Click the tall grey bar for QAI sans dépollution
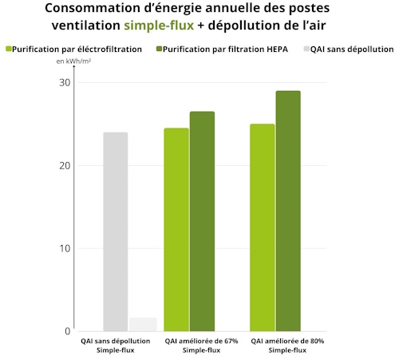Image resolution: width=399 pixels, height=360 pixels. pyautogui.click(x=115, y=231)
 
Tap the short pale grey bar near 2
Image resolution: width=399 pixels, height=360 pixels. pyautogui.click(x=143, y=324)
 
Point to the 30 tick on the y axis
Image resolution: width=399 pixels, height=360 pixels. pyautogui.click(x=63, y=83)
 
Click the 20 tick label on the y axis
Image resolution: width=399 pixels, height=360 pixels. pyautogui.click(x=63, y=166)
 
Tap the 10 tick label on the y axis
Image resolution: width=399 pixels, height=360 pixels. pyautogui.click(x=63, y=248)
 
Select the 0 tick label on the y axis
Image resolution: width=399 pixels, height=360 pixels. pyautogui.click(x=67, y=330)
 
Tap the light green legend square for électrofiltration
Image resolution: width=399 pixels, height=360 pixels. pyautogui.click(x=9, y=49)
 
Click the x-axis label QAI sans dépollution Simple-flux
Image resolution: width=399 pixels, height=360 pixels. pyautogui.click(x=116, y=346)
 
